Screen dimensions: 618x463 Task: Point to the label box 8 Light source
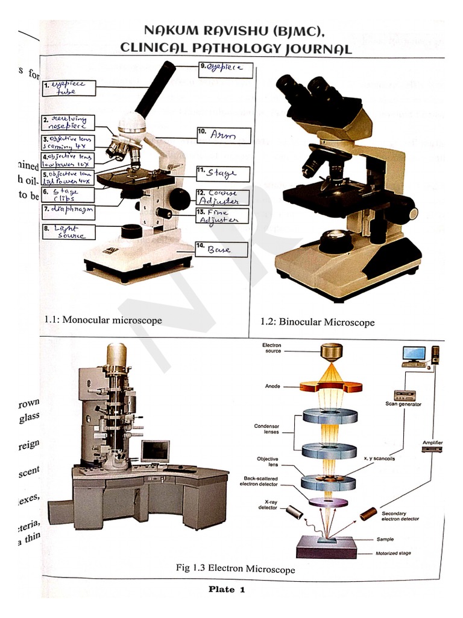pyautogui.click(x=68, y=232)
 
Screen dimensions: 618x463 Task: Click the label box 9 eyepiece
pyautogui.click(x=222, y=68)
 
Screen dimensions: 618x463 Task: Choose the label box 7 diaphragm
pyautogui.click(x=68, y=211)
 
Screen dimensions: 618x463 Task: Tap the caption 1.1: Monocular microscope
pyautogui.click(x=103, y=320)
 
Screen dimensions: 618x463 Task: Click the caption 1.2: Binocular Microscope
pyautogui.click(x=317, y=322)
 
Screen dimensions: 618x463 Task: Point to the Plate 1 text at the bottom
pyautogui.click(x=227, y=590)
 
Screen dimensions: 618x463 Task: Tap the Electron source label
pyautogui.click(x=272, y=348)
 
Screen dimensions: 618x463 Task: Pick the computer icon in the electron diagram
pyautogui.click(x=414, y=355)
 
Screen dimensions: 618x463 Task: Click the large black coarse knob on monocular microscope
pyautogui.click(x=179, y=199)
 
